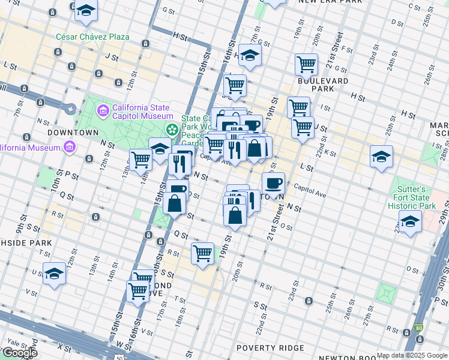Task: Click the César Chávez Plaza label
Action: point(92,37)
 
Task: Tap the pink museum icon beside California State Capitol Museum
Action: point(103,110)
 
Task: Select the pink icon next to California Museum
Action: point(70,147)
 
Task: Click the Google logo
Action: point(19,353)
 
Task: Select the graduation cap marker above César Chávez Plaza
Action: point(87,11)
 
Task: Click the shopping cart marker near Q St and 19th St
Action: point(203,253)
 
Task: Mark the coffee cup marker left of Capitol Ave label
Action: point(274,183)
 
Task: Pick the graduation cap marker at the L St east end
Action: point(381,157)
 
